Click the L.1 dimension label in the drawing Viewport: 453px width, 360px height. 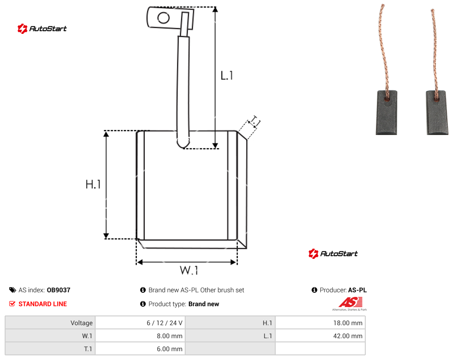pyautogui.click(x=227, y=76)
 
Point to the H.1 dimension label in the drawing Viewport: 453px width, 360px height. pyautogui.click(x=93, y=184)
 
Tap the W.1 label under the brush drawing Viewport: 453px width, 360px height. pyautogui.click(x=189, y=270)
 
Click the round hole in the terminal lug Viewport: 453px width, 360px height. pyautogui.click(x=163, y=18)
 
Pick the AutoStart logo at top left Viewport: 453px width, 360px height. pyautogui.click(x=42, y=29)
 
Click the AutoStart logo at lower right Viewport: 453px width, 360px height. pyautogui.click(x=333, y=254)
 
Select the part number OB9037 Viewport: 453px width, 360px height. pyautogui.click(x=58, y=290)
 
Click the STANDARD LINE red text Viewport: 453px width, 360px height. pyautogui.click(x=43, y=304)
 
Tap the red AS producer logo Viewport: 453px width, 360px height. pyautogui.click(x=351, y=303)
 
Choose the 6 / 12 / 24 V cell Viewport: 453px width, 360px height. pyautogui.click(x=141, y=323)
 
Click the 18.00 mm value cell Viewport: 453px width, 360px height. pyautogui.click(x=320, y=323)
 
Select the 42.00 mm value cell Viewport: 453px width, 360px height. pyautogui.click(x=320, y=336)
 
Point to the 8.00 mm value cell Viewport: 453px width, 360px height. pyautogui.click(x=141, y=336)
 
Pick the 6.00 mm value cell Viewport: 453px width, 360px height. pyautogui.click(x=141, y=349)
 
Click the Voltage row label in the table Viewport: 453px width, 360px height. pyautogui.click(x=82, y=323)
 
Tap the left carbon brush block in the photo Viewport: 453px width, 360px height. pyautogui.click(x=387, y=113)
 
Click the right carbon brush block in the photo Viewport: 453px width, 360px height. pyautogui.click(x=437, y=113)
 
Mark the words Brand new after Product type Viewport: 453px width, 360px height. pyautogui.click(x=204, y=304)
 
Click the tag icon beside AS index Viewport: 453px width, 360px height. pyautogui.click(x=13, y=290)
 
